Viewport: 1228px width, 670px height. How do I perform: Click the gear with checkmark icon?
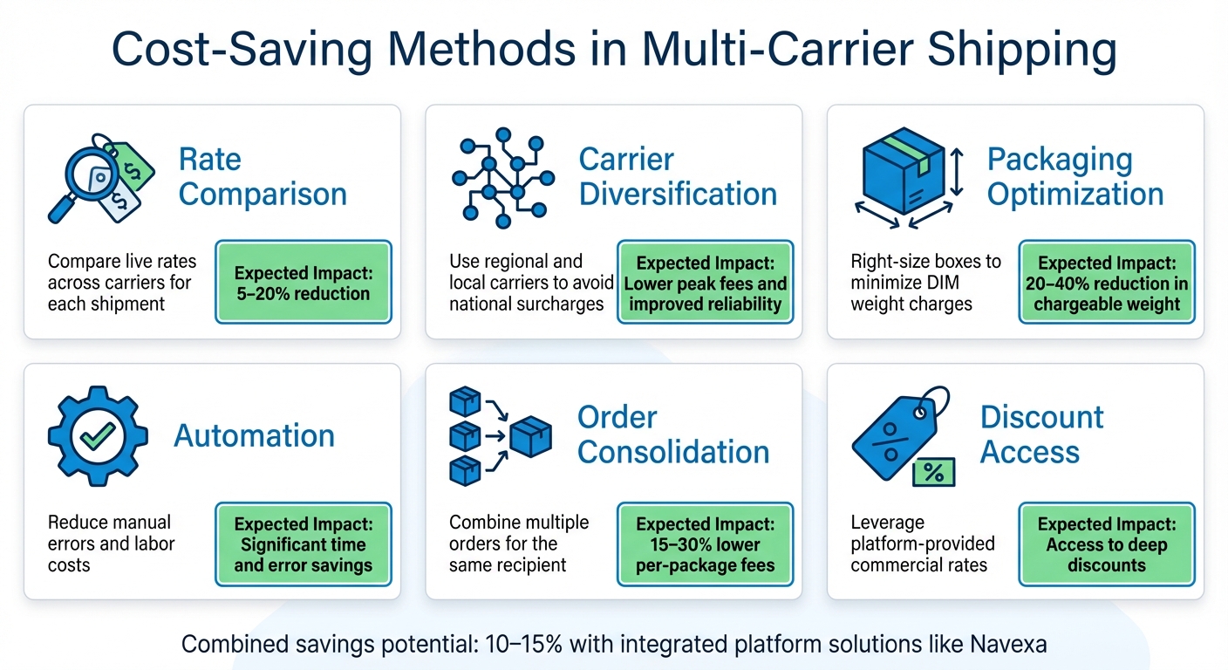coord(98,435)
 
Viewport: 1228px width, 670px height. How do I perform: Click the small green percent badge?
coord(932,473)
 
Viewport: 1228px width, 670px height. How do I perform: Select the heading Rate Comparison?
coord(263,177)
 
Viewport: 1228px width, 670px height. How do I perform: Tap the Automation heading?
coord(254,435)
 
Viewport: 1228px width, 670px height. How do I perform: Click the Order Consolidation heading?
coord(673,434)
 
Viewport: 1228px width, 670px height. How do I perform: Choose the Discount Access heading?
coord(1041,434)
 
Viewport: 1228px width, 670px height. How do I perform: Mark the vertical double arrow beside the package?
coord(956,172)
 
